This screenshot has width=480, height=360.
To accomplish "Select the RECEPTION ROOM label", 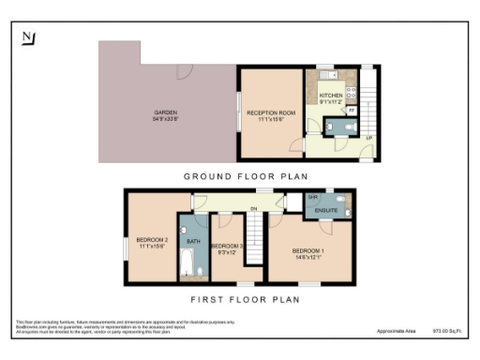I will (271, 112).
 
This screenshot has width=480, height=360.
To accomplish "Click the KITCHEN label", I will (331, 97).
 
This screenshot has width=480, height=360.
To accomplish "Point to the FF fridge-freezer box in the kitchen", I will (351, 110).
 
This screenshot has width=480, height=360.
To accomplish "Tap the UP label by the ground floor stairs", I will (369, 139).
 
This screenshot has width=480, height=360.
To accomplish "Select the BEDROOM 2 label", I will (153, 240).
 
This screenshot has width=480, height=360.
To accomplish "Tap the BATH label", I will (193, 242).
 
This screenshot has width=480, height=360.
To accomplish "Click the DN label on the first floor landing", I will (252, 208).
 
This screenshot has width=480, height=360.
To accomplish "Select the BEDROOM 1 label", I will (307, 251).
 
